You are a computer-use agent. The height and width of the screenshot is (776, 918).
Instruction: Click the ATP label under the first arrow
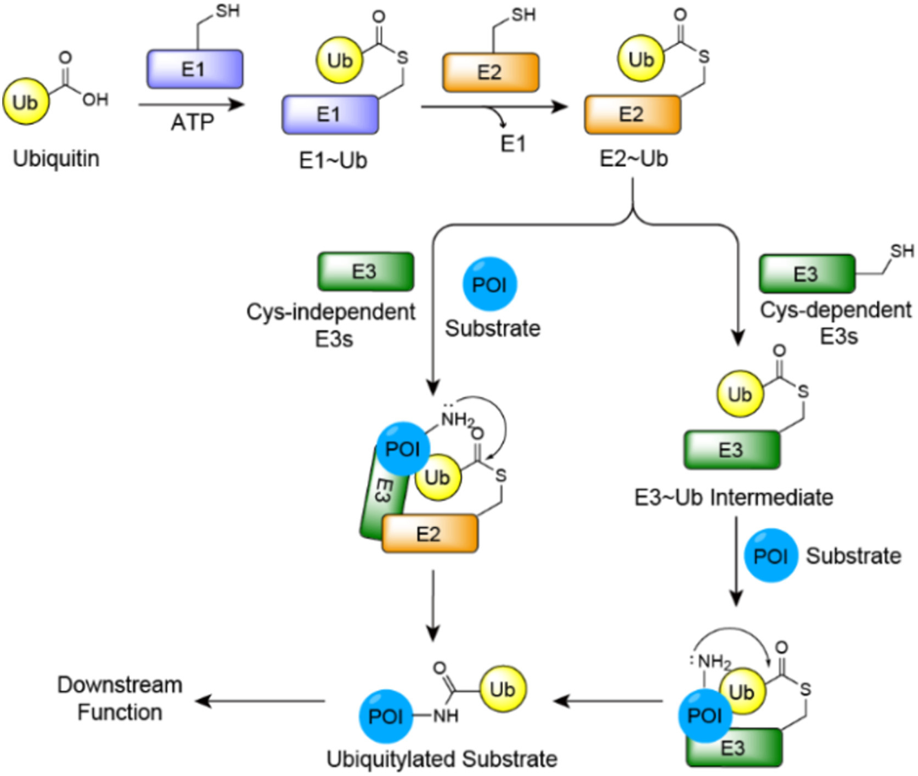192,122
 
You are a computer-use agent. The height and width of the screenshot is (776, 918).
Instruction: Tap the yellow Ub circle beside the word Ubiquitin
26,102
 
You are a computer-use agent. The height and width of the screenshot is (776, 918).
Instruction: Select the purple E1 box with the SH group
195,69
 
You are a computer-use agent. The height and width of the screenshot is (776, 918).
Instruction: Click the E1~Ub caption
333,160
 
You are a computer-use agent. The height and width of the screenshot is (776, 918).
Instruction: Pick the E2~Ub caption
633,159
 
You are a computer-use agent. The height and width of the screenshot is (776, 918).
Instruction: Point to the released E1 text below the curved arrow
513,144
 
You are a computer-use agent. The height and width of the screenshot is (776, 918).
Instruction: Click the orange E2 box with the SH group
491,72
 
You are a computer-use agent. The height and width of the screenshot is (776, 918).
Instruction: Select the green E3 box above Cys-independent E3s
365,271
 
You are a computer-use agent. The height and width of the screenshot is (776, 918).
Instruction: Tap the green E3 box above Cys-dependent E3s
807,273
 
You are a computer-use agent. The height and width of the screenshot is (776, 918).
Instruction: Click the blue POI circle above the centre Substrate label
489,285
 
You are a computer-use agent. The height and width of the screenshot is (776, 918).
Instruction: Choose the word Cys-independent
330,312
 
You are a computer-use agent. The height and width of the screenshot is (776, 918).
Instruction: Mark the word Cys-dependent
835,310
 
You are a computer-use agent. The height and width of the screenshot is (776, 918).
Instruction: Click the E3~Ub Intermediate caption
734,498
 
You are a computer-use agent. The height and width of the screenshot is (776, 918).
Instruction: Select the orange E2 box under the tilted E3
430,533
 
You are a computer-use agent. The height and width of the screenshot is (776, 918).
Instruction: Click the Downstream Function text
120,699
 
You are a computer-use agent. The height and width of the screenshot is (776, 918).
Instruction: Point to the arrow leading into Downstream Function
261,701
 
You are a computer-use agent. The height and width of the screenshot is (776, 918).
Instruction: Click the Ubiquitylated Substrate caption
442,759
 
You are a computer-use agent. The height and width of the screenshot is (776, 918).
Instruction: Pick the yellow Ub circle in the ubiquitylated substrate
503,689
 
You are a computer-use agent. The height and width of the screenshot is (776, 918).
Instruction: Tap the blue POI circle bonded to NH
386,716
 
